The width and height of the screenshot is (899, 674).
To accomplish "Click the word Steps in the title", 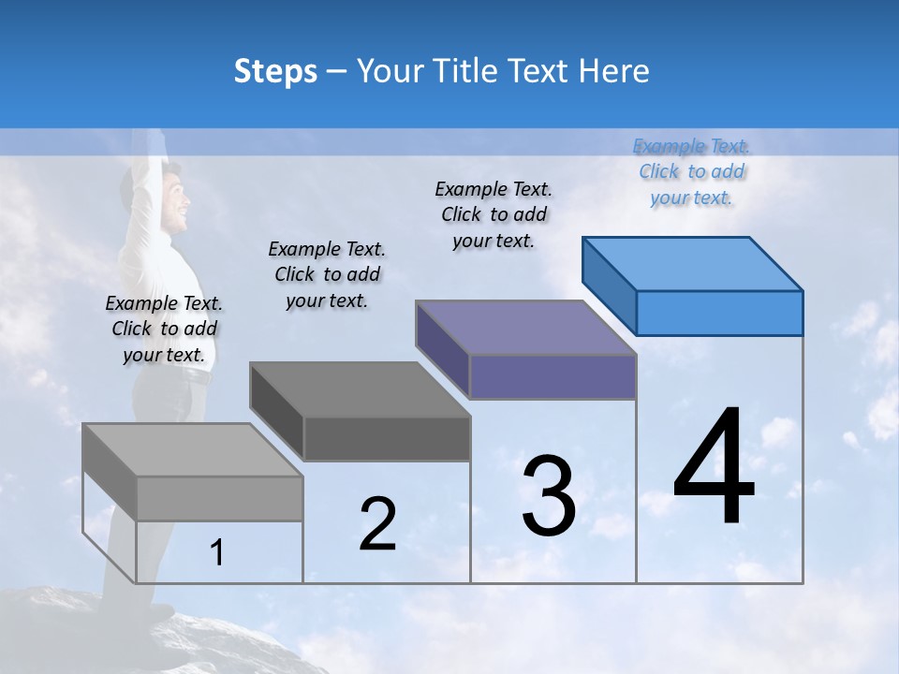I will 275,71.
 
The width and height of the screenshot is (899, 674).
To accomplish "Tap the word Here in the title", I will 614,71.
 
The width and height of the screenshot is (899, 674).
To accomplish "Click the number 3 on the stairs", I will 549,496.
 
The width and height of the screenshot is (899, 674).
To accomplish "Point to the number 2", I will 377,524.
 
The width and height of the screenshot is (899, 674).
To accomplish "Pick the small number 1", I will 217,553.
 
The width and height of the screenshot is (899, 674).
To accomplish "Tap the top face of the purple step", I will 526,328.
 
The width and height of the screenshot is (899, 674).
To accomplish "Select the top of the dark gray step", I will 360,388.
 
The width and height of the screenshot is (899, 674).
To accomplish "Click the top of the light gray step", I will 193,449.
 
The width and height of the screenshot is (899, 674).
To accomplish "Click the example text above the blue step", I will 691,171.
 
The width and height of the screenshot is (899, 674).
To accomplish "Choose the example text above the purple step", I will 494,214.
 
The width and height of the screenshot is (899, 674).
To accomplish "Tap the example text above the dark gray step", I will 327,274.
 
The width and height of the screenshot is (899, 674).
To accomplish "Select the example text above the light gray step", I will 164,329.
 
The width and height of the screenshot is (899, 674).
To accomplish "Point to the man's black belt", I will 192,374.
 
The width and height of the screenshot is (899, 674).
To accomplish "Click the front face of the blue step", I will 719,313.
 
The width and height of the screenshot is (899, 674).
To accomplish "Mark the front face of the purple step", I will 553,376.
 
